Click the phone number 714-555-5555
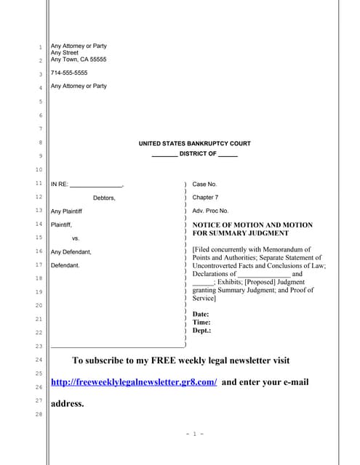tap(69, 73)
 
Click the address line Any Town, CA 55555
tap(79, 60)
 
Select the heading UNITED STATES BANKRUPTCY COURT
tap(195, 144)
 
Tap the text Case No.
tap(204, 185)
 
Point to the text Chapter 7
tap(205, 198)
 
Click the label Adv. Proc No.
tap(210, 211)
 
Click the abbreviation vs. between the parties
tap(76, 238)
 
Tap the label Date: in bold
tap(201, 315)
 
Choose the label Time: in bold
tap(201, 322)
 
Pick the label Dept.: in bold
tap(202, 330)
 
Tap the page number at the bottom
tap(195, 434)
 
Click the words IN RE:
tap(60, 185)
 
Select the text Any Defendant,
tap(71, 252)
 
